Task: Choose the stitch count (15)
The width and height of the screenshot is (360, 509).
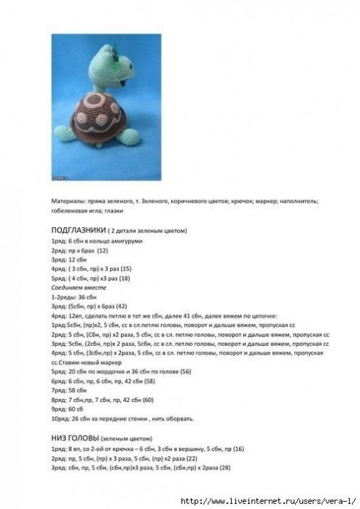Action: (x=125, y=269)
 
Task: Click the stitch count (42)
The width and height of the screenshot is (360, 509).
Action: (x=120, y=306)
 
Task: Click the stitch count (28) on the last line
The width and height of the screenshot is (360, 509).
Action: (x=224, y=468)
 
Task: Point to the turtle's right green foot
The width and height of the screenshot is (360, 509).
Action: (x=133, y=135)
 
